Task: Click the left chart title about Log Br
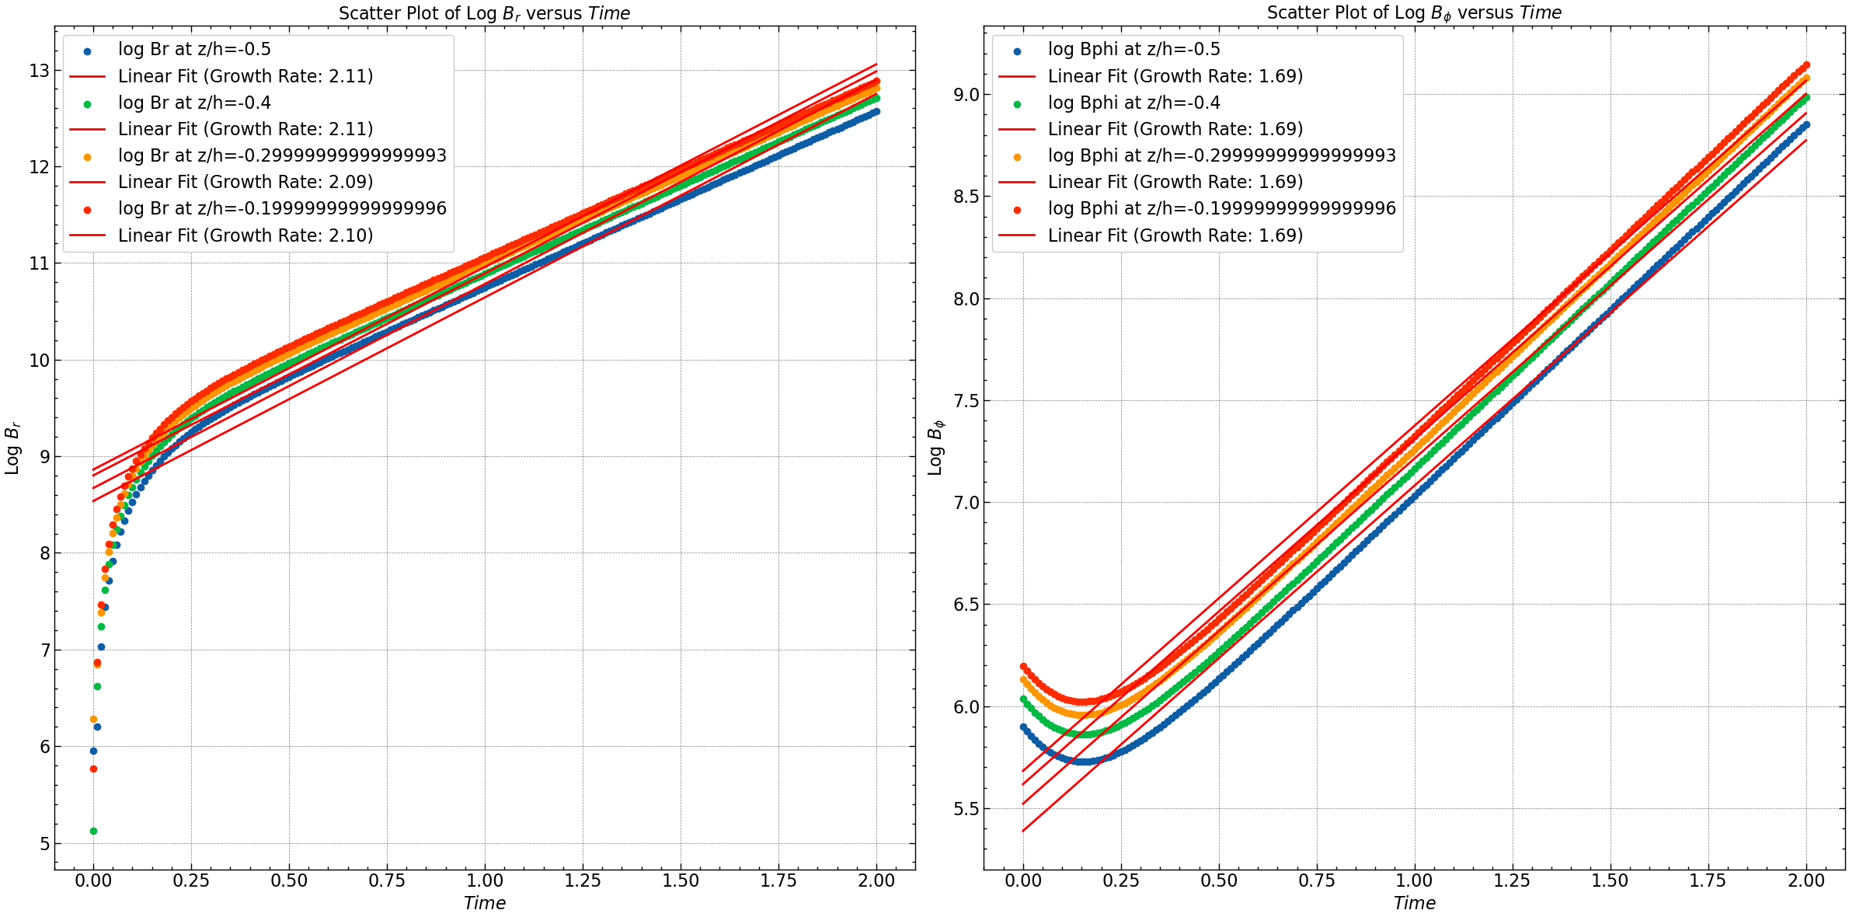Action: (484, 13)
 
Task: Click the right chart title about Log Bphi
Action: (1414, 13)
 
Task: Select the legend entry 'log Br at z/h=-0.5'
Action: (194, 50)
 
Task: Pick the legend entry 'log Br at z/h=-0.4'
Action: (194, 103)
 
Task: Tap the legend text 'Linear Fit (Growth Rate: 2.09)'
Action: (245, 182)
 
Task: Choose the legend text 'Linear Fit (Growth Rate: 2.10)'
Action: (245, 235)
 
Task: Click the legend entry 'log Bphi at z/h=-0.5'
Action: (1133, 50)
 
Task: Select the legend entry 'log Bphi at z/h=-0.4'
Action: (1133, 103)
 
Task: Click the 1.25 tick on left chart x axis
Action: (583, 880)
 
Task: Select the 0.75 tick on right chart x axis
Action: (1317, 880)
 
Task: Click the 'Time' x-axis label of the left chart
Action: (484, 903)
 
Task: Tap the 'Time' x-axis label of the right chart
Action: (1414, 903)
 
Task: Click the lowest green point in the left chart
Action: (93, 831)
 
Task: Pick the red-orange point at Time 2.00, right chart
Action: (1806, 65)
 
